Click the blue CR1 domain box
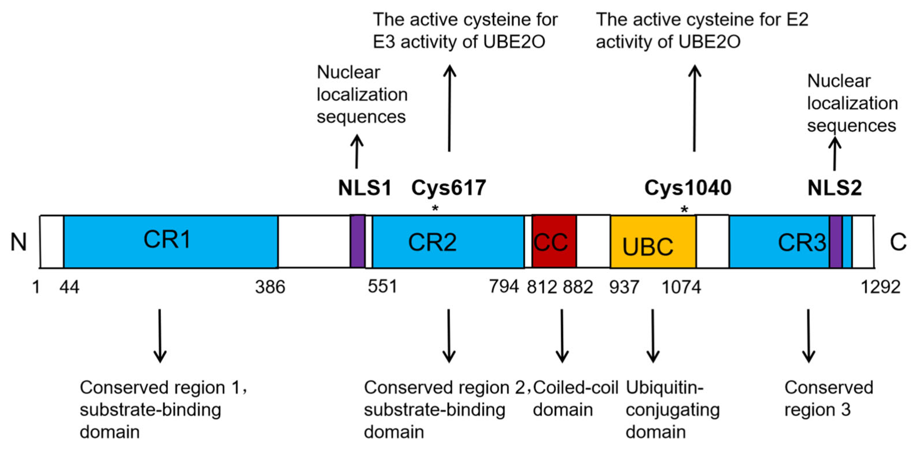[x=170, y=241]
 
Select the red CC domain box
[x=554, y=241]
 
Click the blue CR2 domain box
[x=448, y=241]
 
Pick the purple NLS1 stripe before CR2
[x=357, y=241]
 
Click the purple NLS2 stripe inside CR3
[x=835, y=241]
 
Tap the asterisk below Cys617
[x=435, y=209]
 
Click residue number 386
[x=270, y=287]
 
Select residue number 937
[x=624, y=287]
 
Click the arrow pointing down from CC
[x=562, y=335]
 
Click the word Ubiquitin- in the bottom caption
[x=664, y=388]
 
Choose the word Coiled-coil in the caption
[x=576, y=388]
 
